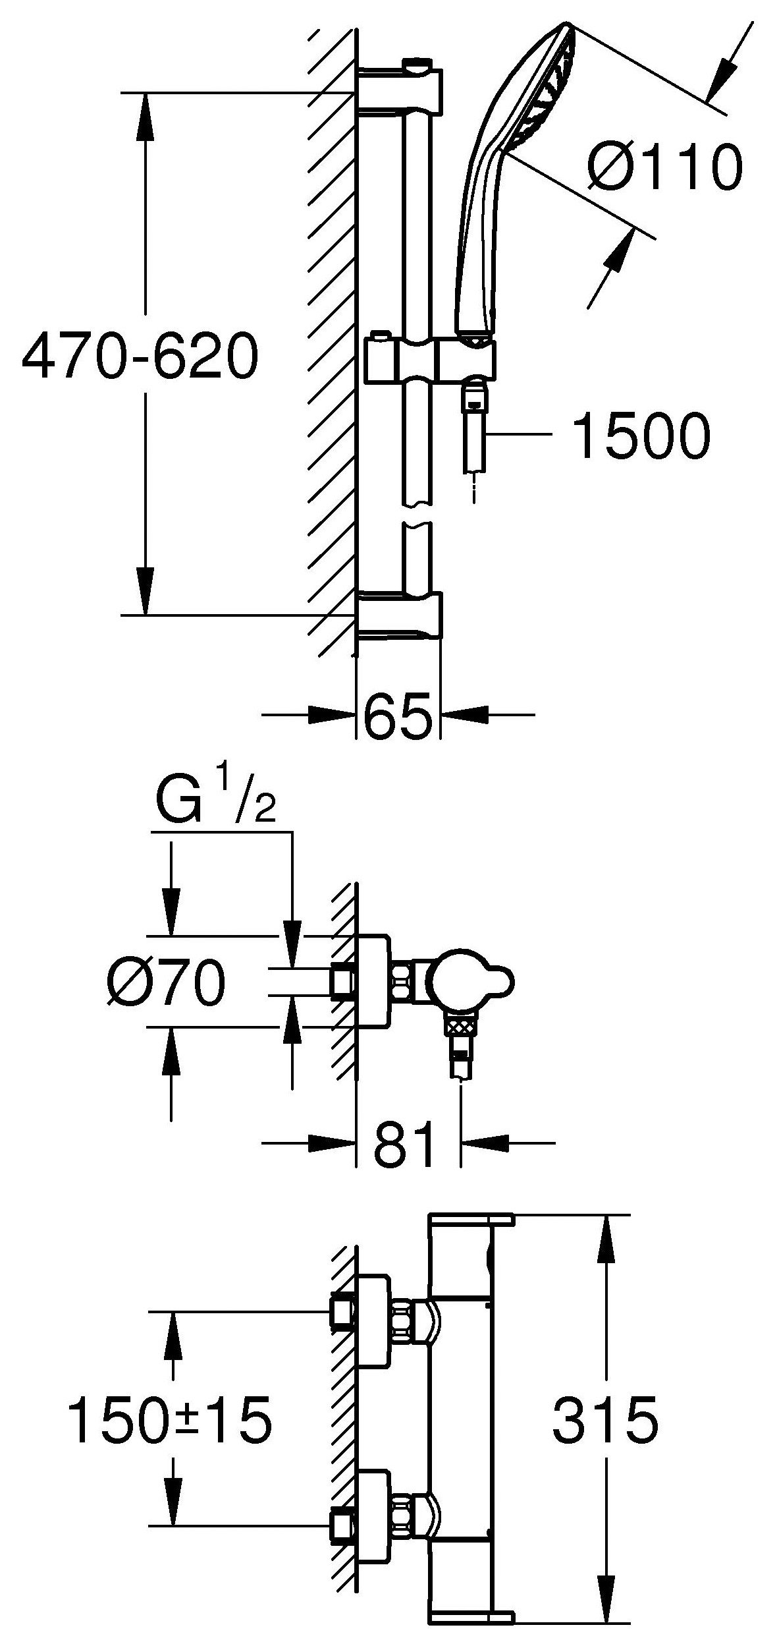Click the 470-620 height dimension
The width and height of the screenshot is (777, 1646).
coord(140,356)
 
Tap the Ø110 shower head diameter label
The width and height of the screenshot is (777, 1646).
coord(665,168)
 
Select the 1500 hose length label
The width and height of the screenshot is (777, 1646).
coord(641,436)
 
